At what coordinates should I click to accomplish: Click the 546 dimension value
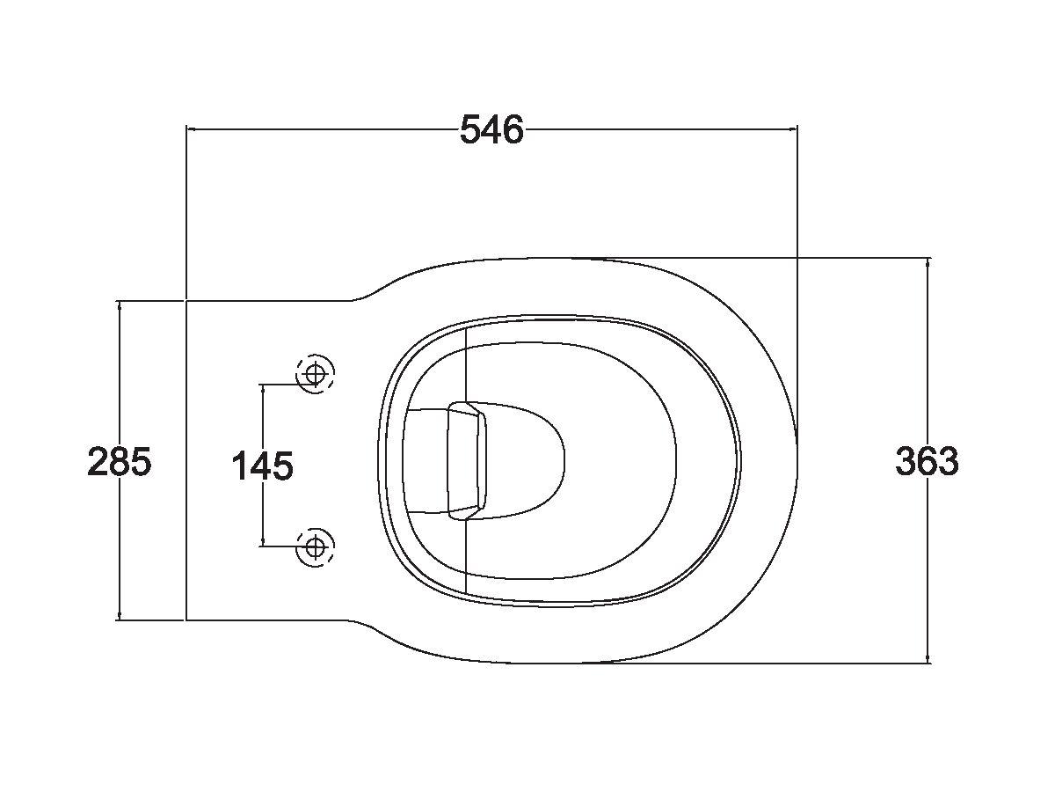(x=491, y=129)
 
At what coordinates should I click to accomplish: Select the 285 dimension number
(x=120, y=461)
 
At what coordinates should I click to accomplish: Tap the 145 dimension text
(x=262, y=466)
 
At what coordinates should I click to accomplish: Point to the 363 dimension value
(x=928, y=461)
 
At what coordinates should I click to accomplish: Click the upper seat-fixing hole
(x=315, y=374)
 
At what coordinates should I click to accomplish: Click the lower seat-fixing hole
(x=315, y=546)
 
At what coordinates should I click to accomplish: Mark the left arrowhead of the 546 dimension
(x=191, y=128)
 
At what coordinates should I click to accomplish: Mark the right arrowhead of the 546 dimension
(x=793, y=128)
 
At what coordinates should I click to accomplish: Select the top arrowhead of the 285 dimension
(x=120, y=305)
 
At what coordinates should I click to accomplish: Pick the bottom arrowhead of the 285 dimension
(x=120, y=615)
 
